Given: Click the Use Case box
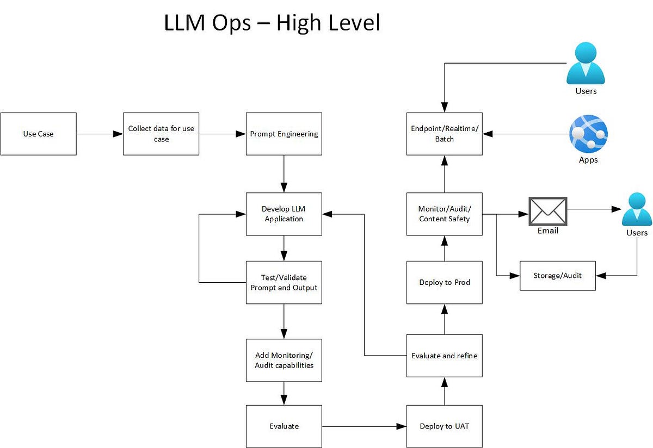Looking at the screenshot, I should click(38, 134).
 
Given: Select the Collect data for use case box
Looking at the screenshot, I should click(161, 134).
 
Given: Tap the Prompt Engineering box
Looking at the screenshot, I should click(284, 134).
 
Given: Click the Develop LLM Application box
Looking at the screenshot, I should click(284, 214).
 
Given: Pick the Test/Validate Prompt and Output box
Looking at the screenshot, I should click(284, 282).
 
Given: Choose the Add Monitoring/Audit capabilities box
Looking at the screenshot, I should click(284, 360).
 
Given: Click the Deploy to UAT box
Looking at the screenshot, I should click(444, 426).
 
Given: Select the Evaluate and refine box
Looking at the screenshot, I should click(444, 356).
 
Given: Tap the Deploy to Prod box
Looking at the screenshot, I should click(444, 282).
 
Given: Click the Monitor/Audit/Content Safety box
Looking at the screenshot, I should click(444, 214).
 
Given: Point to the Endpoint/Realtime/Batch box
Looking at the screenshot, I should click(444, 134).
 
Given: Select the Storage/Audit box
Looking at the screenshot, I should click(557, 276).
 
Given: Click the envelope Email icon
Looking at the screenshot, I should click(548, 211).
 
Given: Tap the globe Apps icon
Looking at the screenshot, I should click(588, 134).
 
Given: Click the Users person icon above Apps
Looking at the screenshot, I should click(586, 64).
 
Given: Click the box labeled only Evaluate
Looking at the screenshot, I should click(284, 426).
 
